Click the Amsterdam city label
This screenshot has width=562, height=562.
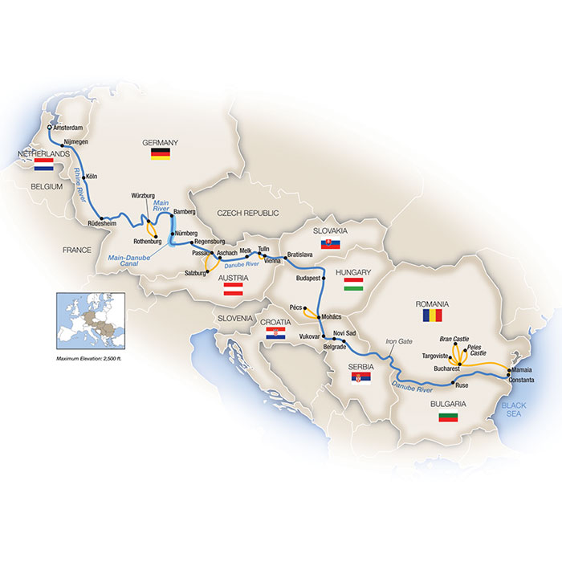[x=71, y=127]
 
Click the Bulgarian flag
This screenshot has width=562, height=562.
[x=447, y=417]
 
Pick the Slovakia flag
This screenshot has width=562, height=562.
[x=330, y=244]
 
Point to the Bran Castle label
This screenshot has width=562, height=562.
[x=454, y=340]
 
